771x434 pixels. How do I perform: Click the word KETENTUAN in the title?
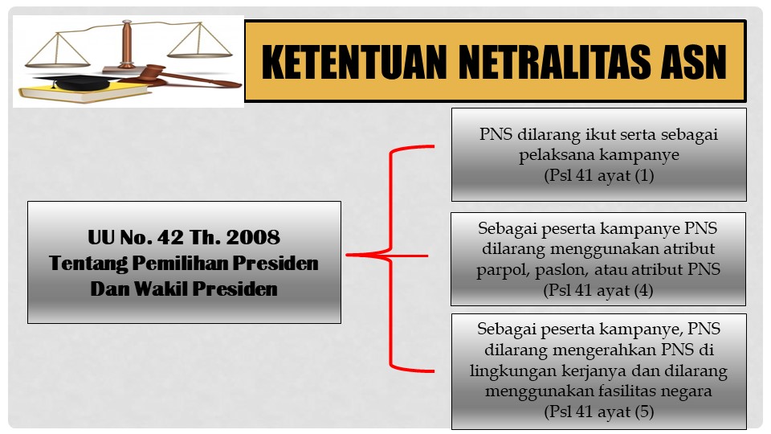354,62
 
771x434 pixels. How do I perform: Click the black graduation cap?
79,82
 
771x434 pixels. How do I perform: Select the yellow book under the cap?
84,92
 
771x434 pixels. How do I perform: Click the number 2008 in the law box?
253,237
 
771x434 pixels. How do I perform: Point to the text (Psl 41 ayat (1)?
599,175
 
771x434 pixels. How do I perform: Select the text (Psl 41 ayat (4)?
598,290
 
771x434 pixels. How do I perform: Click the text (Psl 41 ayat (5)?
599,411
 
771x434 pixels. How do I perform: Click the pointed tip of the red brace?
347,255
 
